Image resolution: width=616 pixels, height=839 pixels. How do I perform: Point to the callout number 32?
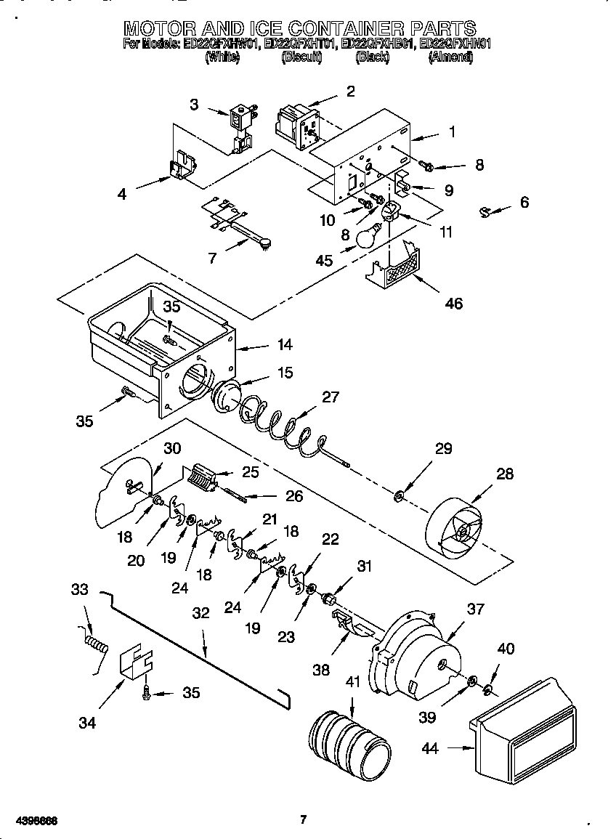click(x=200, y=612)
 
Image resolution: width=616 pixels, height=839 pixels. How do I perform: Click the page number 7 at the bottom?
click(x=304, y=820)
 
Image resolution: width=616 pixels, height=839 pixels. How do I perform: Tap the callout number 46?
click(x=452, y=303)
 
